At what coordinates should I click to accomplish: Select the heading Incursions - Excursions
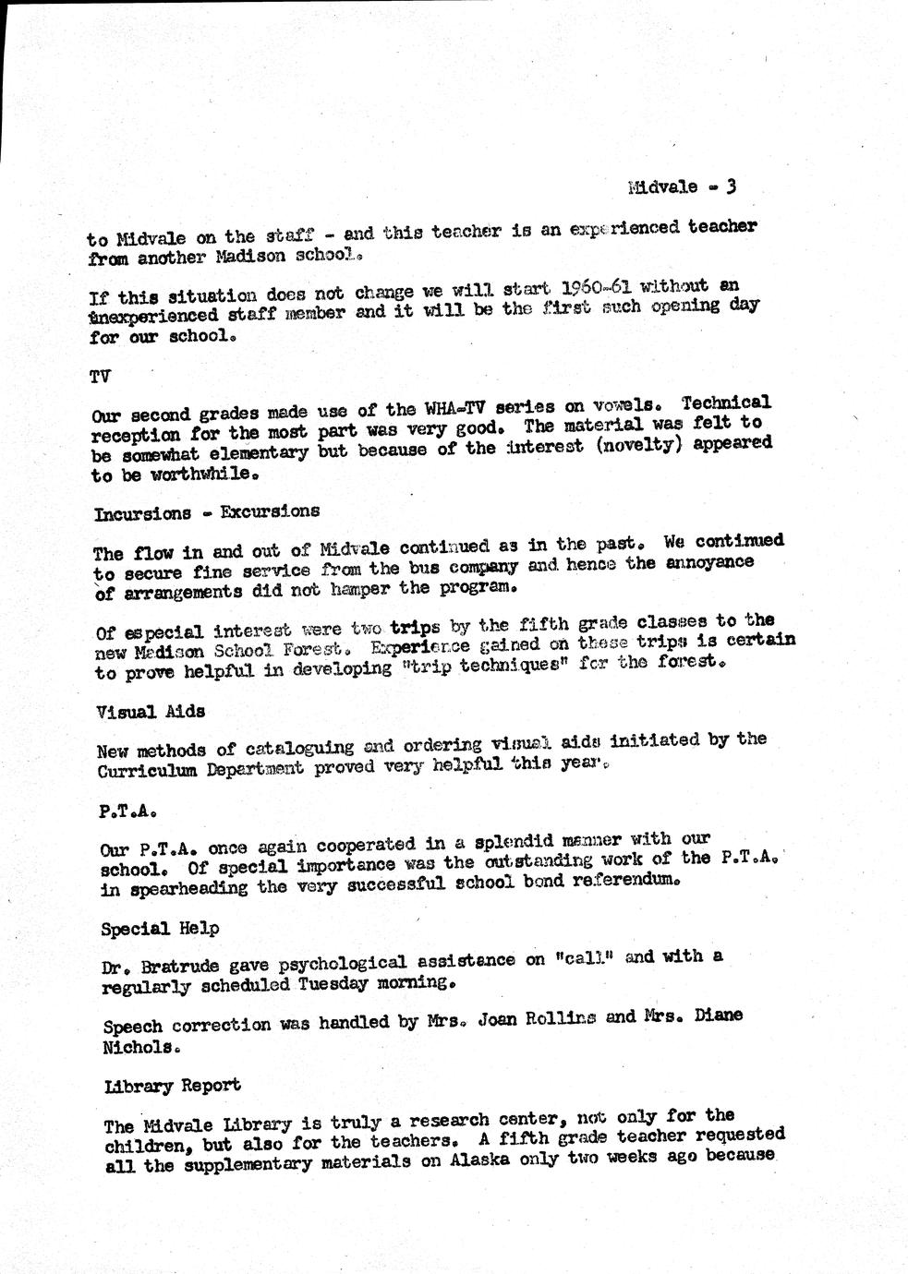pos(207,512)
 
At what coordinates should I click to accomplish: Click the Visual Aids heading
pos(151,712)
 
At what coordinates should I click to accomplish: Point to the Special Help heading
pos(160,929)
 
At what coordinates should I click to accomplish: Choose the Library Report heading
pos(173,1086)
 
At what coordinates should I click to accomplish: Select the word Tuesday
pos(334,984)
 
